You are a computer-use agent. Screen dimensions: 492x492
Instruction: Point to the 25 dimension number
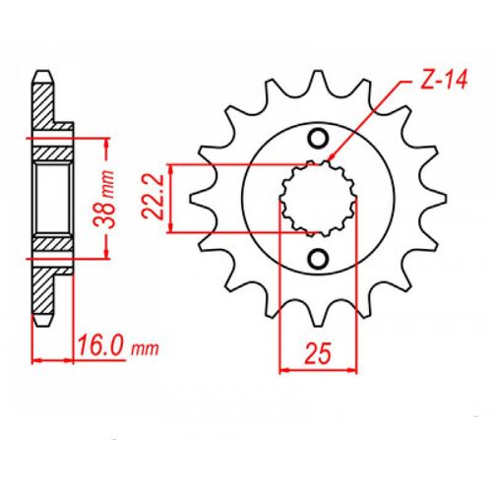coord(319,352)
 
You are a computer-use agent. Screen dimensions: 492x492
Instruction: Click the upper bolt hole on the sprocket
coord(319,138)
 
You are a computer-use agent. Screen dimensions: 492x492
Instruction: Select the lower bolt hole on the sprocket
coord(319,258)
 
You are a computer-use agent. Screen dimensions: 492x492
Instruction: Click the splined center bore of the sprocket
coord(319,198)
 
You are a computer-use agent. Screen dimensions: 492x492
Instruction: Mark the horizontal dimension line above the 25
coord(319,370)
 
